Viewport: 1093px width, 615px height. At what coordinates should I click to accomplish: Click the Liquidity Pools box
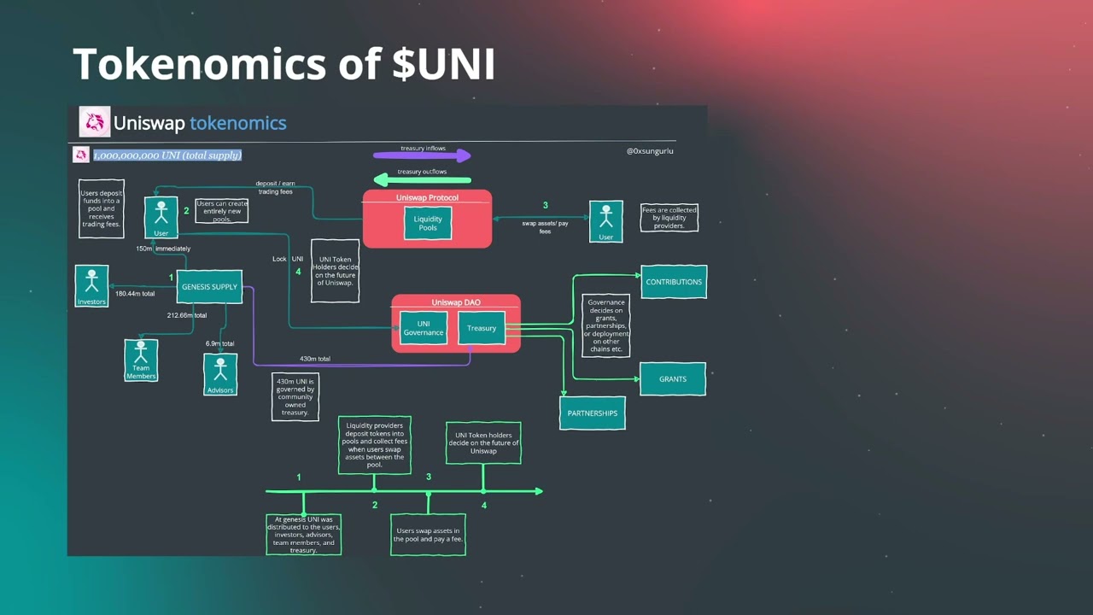click(x=428, y=224)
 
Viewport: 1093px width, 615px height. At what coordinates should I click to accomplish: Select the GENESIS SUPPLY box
click(x=209, y=287)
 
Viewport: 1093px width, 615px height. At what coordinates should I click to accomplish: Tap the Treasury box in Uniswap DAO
click(x=482, y=328)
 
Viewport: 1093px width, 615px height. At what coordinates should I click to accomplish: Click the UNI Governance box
click(x=424, y=328)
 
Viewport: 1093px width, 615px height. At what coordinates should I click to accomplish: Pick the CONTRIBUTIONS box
click(x=674, y=282)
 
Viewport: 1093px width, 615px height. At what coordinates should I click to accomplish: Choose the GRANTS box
click(x=673, y=379)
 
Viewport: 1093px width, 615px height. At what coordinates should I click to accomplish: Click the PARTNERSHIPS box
click(x=592, y=413)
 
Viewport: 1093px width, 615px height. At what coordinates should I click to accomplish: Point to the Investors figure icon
click(x=91, y=282)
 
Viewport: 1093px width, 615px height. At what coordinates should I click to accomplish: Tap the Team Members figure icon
click(x=141, y=356)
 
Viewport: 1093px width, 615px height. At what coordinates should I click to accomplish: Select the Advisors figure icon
click(x=220, y=370)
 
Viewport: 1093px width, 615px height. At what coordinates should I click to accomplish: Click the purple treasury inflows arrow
click(x=422, y=155)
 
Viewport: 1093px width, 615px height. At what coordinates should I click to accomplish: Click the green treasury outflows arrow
click(x=423, y=179)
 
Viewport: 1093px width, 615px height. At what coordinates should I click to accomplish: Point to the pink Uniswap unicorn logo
click(x=95, y=122)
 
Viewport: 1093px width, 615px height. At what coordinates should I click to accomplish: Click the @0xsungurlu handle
click(x=650, y=151)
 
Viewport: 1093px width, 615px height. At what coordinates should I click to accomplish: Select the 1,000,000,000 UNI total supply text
click(x=167, y=155)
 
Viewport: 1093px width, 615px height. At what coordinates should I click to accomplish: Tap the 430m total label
click(x=315, y=359)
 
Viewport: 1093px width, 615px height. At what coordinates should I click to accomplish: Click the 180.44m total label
click(x=135, y=294)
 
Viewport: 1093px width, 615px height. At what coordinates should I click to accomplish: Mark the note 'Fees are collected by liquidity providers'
click(x=669, y=218)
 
